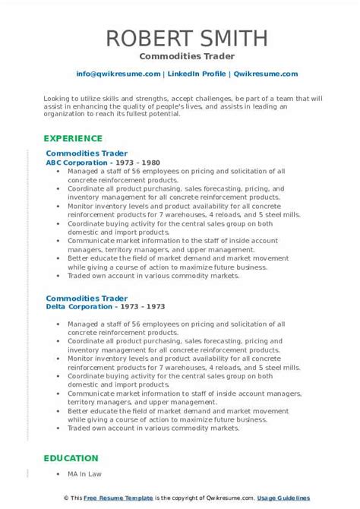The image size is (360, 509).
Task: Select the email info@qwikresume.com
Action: pos(118,74)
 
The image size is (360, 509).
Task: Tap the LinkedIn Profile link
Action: pos(196,74)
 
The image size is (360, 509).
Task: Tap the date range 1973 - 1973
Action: pos(139,306)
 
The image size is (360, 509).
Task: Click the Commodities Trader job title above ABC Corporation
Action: pos(87,153)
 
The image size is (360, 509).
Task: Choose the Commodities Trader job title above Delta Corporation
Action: pos(87,297)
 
